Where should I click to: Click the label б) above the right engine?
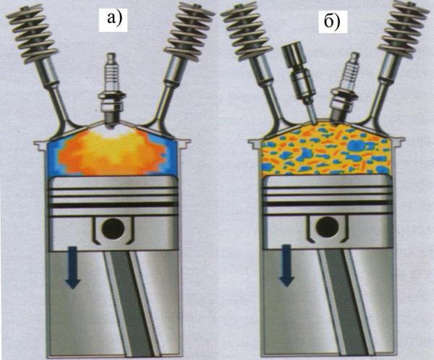[x=332, y=21]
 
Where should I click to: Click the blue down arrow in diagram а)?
[x=73, y=267]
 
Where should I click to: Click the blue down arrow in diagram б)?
[x=286, y=265]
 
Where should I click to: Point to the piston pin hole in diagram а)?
[x=113, y=229]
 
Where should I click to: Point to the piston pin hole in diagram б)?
[x=328, y=228]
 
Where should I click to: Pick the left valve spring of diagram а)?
[x=32, y=33]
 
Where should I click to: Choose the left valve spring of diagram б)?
[x=246, y=30]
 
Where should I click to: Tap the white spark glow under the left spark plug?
[x=111, y=132]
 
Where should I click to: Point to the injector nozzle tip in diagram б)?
[x=313, y=122]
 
